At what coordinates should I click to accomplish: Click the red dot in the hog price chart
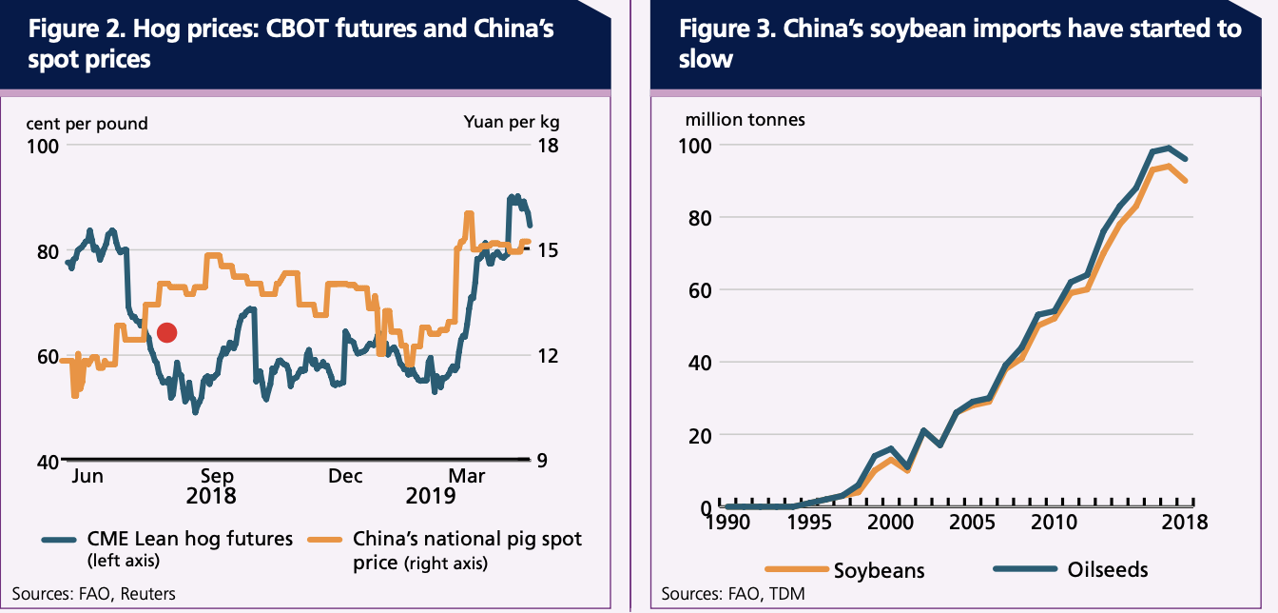[166, 332]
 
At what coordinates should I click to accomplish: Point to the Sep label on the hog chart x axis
[216, 476]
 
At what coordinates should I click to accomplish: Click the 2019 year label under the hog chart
[431, 496]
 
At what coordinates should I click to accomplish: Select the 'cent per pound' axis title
[87, 123]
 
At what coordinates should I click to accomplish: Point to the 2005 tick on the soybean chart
[969, 522]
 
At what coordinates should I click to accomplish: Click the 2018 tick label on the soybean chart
[1183, 522]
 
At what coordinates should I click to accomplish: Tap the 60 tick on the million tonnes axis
[698, 290]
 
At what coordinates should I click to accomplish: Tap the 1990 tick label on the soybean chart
[727, 522]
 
